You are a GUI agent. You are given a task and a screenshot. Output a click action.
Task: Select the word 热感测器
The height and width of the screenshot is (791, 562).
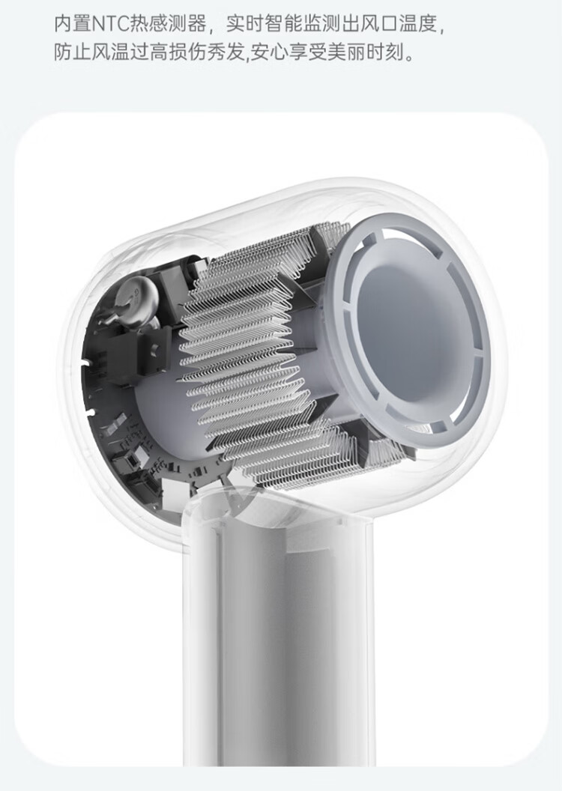tap(168, 24)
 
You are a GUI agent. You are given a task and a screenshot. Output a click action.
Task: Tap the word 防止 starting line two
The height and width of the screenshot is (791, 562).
tap(72, 52)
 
